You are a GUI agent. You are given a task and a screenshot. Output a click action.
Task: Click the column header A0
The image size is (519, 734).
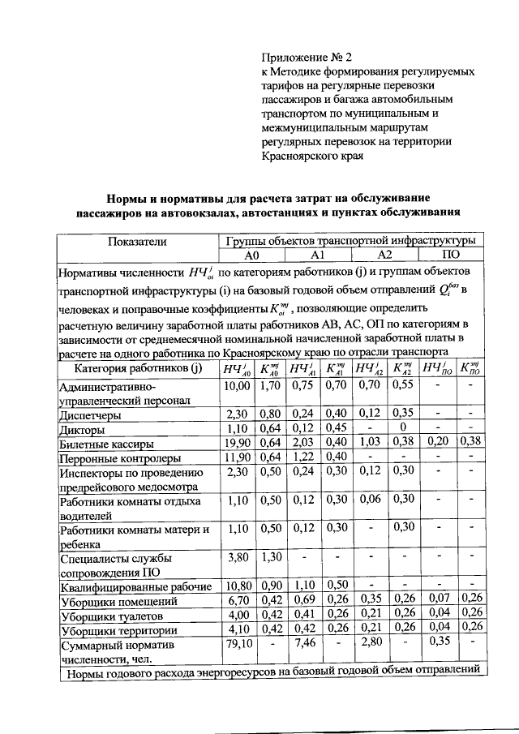click(250, 254)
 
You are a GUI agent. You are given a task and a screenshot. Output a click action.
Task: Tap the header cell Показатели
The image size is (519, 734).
click(137, 241)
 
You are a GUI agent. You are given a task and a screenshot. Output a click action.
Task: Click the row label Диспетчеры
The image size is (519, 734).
click(91, 414)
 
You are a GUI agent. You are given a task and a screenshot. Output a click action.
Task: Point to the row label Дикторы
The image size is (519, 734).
click(82, 429)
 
